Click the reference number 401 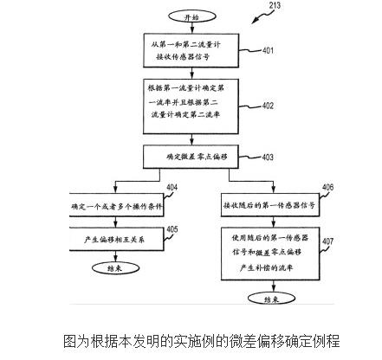pos(268,50)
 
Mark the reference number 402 pos(268,106)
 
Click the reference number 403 pos(268,157)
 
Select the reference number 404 pos(172,188)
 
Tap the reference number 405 pos(172,229)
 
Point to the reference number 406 pos(327,188)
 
